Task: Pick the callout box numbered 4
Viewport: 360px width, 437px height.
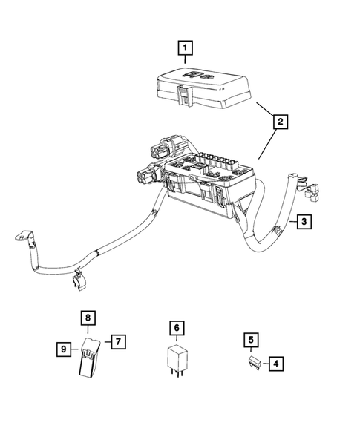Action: pyautogui.click(x=275, y=364)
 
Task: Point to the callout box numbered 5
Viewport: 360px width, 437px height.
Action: pyautogui.click(x=252, y=341)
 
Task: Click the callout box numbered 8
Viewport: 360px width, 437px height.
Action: pyautogui.click(x=88, y=318)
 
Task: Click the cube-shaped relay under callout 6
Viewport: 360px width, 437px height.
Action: pyautogui.click(x=176, y=358)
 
